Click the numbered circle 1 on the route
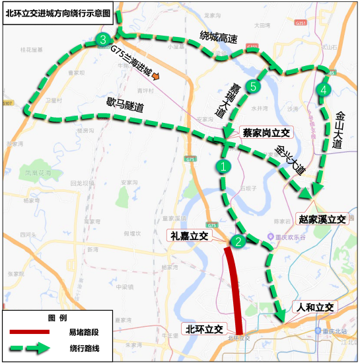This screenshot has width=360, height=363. click(224, 167)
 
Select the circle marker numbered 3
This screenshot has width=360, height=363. click(102, 40)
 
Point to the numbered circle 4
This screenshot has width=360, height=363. click(322, 89)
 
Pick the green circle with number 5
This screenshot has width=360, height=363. click(252, 86)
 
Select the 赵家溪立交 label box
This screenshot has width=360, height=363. click(322, 219)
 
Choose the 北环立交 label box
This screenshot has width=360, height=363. click(203, 329)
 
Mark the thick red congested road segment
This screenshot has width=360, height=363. click(234, 291)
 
